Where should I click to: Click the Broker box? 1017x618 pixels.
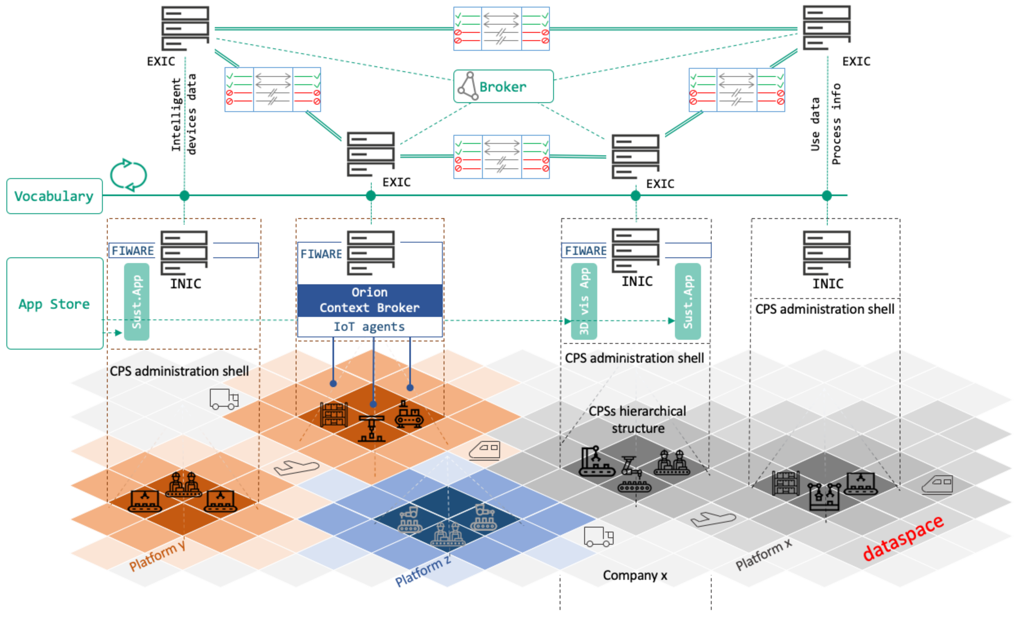coord(503,86)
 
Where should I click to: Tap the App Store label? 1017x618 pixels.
coord(54,304)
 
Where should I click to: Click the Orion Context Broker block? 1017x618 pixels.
coord(369,300)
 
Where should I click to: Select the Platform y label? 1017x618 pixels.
coord(157,557)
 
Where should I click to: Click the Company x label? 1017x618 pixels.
coord(635,575)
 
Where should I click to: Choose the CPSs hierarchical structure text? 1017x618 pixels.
coord(637,420)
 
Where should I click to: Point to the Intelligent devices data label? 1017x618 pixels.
coord(184,114)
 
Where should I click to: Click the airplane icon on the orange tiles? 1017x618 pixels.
coord(296,467)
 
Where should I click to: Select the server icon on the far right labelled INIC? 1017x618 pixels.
coord(826,252)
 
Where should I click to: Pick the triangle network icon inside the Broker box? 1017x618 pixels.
coord(468,86)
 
